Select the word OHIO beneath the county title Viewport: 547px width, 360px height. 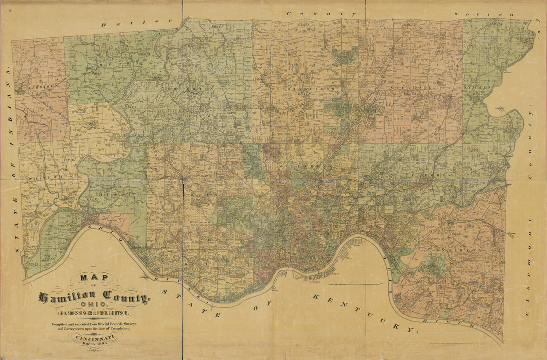click(x=94, y=305)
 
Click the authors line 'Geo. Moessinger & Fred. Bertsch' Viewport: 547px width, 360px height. click(x=93, y=314)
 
